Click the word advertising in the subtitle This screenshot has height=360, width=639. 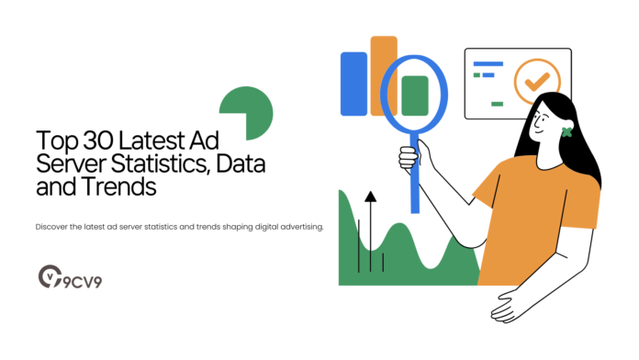pos(298,226)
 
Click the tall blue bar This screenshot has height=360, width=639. pos(353,84)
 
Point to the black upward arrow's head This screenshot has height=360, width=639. pos(370,196)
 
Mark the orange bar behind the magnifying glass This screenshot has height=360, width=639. pos(383,55)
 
